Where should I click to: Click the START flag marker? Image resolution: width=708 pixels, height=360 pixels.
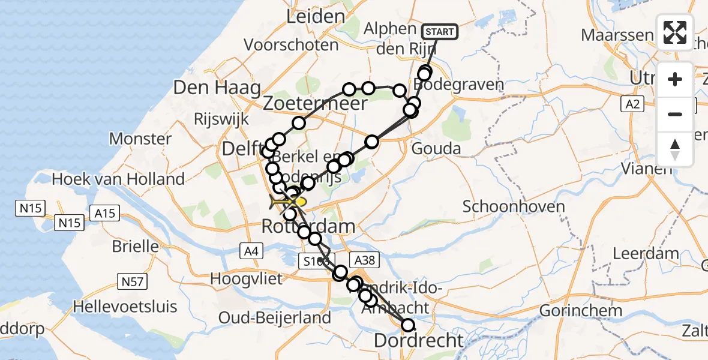440,31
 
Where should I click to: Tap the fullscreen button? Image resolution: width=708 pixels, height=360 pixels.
675,32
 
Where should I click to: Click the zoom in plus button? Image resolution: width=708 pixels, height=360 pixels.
675,79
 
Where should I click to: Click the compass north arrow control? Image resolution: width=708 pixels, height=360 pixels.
675,149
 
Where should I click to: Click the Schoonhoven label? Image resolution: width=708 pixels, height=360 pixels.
514,207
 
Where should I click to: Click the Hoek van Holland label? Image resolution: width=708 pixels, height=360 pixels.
118,179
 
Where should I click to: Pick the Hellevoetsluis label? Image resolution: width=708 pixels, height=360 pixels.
125,307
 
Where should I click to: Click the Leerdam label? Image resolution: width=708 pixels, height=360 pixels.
645,253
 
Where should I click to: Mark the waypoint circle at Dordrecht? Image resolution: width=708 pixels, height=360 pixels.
408,325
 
